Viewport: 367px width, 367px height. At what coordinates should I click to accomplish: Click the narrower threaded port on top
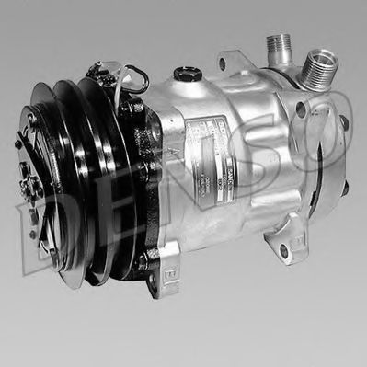click(277, 45)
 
